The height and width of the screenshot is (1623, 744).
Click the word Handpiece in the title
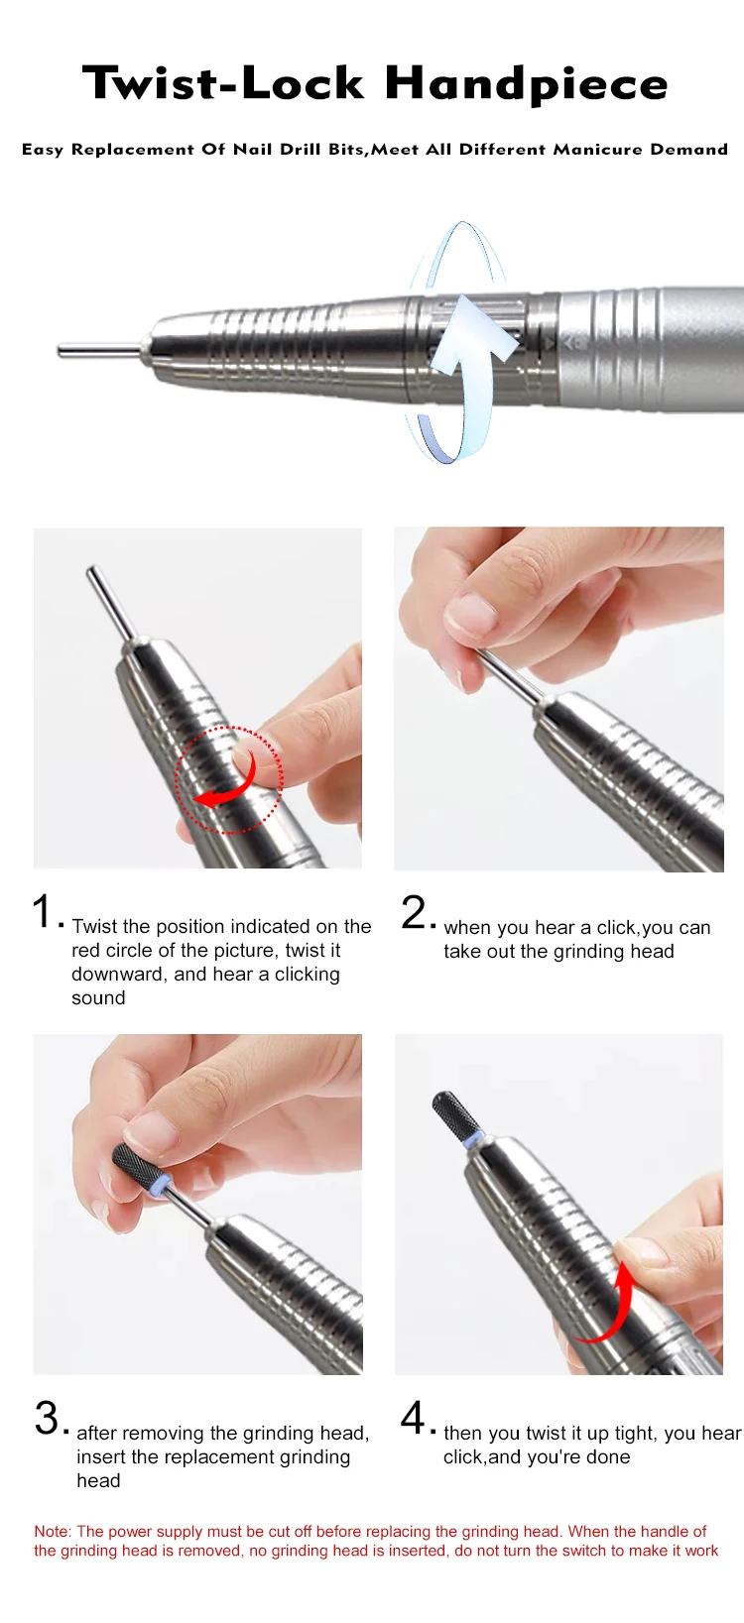pyautogui.click(x=527, y=84)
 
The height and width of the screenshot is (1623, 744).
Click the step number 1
pyautogui.click(x=44, y=910)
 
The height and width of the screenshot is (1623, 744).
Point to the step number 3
pyautogui.click(x=48, y=1417)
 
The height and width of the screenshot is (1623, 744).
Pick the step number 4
pyautogui.click(x=413, y=1417)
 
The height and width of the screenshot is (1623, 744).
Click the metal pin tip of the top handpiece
pyautogui.click(x=61, y=351)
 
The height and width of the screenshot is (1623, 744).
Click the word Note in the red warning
pyautogui.click(x=52, y=1531)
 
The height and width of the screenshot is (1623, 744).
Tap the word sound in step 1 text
pyautogui.click(x=98, y=997)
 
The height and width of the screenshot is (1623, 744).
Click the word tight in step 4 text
pyautogui.click(x=635, y=1434)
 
